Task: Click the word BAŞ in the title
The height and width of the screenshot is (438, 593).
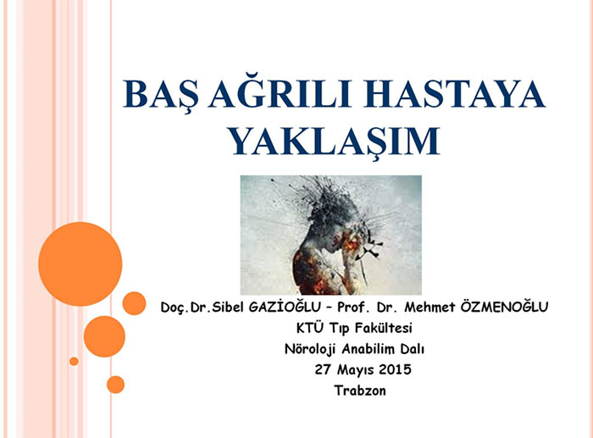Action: coord(161,95)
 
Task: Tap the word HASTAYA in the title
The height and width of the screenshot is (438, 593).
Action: coord(454,93)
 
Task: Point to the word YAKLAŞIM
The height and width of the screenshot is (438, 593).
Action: coord(335,141)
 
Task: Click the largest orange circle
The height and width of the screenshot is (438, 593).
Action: coord(80,264)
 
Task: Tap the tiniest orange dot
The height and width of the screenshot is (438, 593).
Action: coord(74,361)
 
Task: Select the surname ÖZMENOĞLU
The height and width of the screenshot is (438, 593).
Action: coord(504,307)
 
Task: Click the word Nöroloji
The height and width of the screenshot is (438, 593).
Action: coord(310,349)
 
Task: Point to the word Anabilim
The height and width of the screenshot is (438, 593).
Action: coord(368,349)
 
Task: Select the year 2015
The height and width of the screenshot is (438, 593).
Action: coord(395,369)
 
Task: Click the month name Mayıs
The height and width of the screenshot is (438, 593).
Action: coord(355,370)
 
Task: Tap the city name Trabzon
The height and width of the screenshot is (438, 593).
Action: coord(360,391)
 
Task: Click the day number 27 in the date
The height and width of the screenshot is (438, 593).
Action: coord(323,369)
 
